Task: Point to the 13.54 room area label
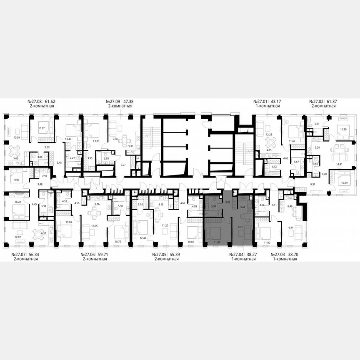pyautogui.click(x=17, y=137)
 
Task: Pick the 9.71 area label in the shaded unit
pyautogui.click(x=240, y=227)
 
